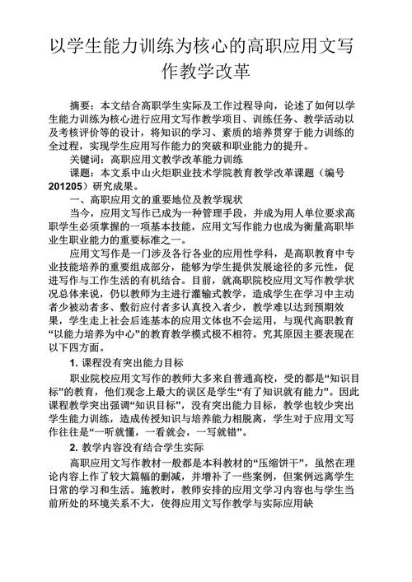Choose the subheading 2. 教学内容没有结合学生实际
[137, 447]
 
